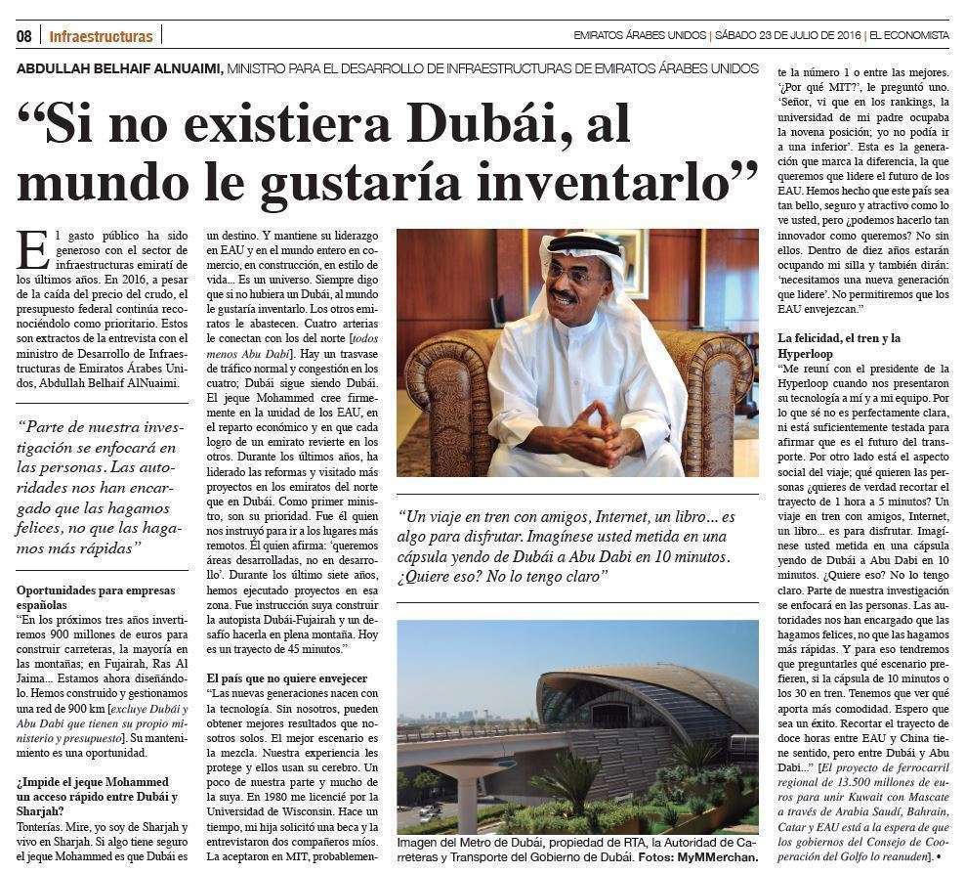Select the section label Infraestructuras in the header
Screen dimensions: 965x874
coord(101,36)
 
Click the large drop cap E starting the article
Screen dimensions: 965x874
coord(31,249)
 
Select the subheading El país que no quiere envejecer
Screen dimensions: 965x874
coord(287,677)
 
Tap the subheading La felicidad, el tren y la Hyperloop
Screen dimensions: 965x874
coord(839,345)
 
